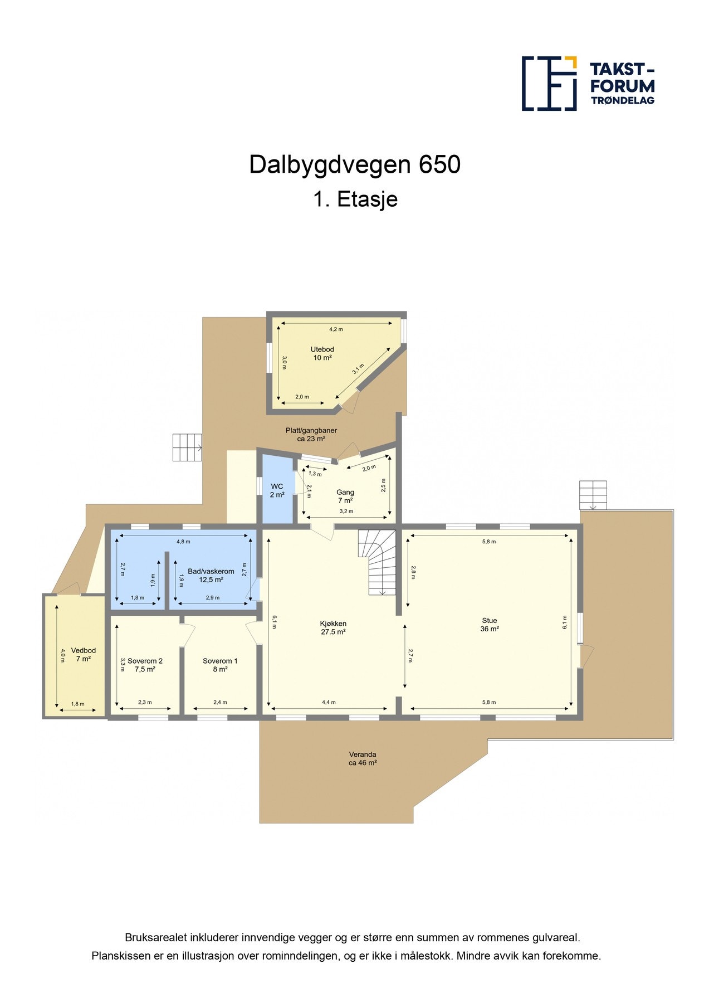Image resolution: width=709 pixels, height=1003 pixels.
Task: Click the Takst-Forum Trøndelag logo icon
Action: click(x=549, y=83)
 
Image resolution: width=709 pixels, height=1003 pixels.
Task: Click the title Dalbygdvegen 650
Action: click(x=355, y=165)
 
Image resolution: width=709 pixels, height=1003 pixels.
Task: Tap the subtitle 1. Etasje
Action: click(x=355, y=199)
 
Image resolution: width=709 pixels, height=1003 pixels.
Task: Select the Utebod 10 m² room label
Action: click(x=322, y=354)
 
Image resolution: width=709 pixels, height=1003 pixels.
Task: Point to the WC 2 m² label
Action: click(x=277, y=490)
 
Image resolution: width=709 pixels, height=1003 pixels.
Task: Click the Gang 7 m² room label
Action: click(x=345, y=496)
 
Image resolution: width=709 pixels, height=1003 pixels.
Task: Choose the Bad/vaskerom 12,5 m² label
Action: click(x=211, y=575)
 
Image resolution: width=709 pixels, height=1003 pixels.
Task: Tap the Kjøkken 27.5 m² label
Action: click(x=333, y=627)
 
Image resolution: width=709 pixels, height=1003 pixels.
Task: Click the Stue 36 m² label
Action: click(x=489, y=625)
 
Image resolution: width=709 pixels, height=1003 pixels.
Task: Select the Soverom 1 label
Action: click(x=220, y=665)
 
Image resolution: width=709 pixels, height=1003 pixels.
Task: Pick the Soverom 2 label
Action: click(x=145, y=665)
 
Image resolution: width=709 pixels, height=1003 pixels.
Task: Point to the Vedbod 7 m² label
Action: click(x=84, y=654)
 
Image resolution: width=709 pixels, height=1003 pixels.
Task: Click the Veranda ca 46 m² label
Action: click(x=363, y=758)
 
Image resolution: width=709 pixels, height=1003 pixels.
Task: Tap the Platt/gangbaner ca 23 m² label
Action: click(x=311, y=434)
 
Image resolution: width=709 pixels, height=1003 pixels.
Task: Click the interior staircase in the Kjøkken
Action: click(x=378, y=562)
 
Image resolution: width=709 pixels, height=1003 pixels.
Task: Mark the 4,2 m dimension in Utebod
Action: click(x=336, y=329)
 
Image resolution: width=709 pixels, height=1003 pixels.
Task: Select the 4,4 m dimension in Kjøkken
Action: click(x=329, y=703)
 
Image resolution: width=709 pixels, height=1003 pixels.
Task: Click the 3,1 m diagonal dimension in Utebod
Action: click(x=358, y=368)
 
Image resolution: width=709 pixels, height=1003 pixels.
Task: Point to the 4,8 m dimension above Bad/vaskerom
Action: click(x=183, y=542)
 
